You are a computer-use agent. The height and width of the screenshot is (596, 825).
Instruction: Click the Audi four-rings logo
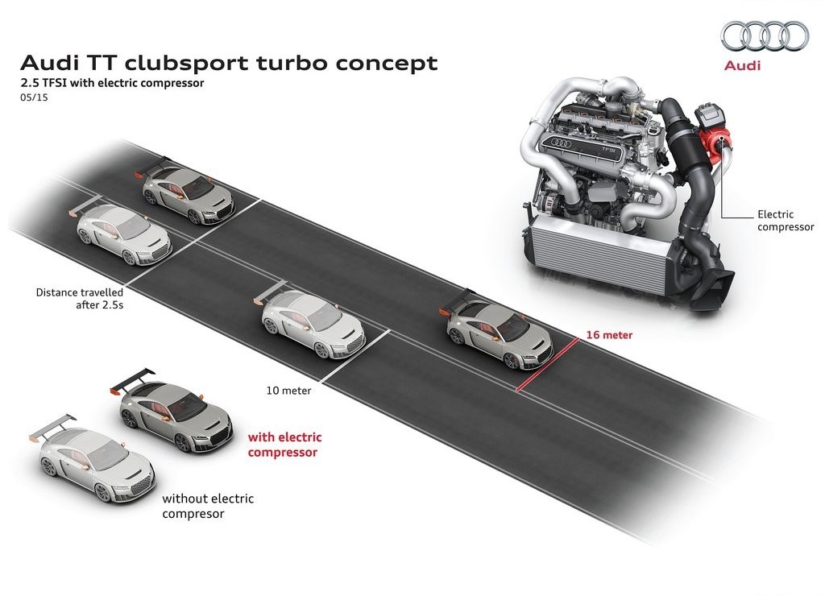point(765,35)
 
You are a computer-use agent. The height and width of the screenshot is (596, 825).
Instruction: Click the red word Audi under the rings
point(742,65)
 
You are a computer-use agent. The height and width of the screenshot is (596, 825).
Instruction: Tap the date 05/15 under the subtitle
point(34,97)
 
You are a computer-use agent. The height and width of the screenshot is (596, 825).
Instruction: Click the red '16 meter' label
point(609,334)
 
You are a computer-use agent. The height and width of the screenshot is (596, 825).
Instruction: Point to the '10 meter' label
point(289,391)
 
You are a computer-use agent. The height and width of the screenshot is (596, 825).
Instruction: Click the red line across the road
point(548,365)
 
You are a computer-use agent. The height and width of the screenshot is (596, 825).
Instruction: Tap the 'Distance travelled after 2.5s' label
point(80,298)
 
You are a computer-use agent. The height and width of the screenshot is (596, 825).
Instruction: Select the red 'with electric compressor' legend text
point(284,445)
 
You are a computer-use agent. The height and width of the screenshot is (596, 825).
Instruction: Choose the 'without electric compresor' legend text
point(208,506)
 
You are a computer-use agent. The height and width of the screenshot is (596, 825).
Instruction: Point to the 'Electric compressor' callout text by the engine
point(786,221)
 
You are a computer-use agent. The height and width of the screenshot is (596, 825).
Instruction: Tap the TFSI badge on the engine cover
point(608,149)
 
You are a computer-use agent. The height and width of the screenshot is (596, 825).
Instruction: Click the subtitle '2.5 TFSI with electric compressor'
point(112,83)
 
